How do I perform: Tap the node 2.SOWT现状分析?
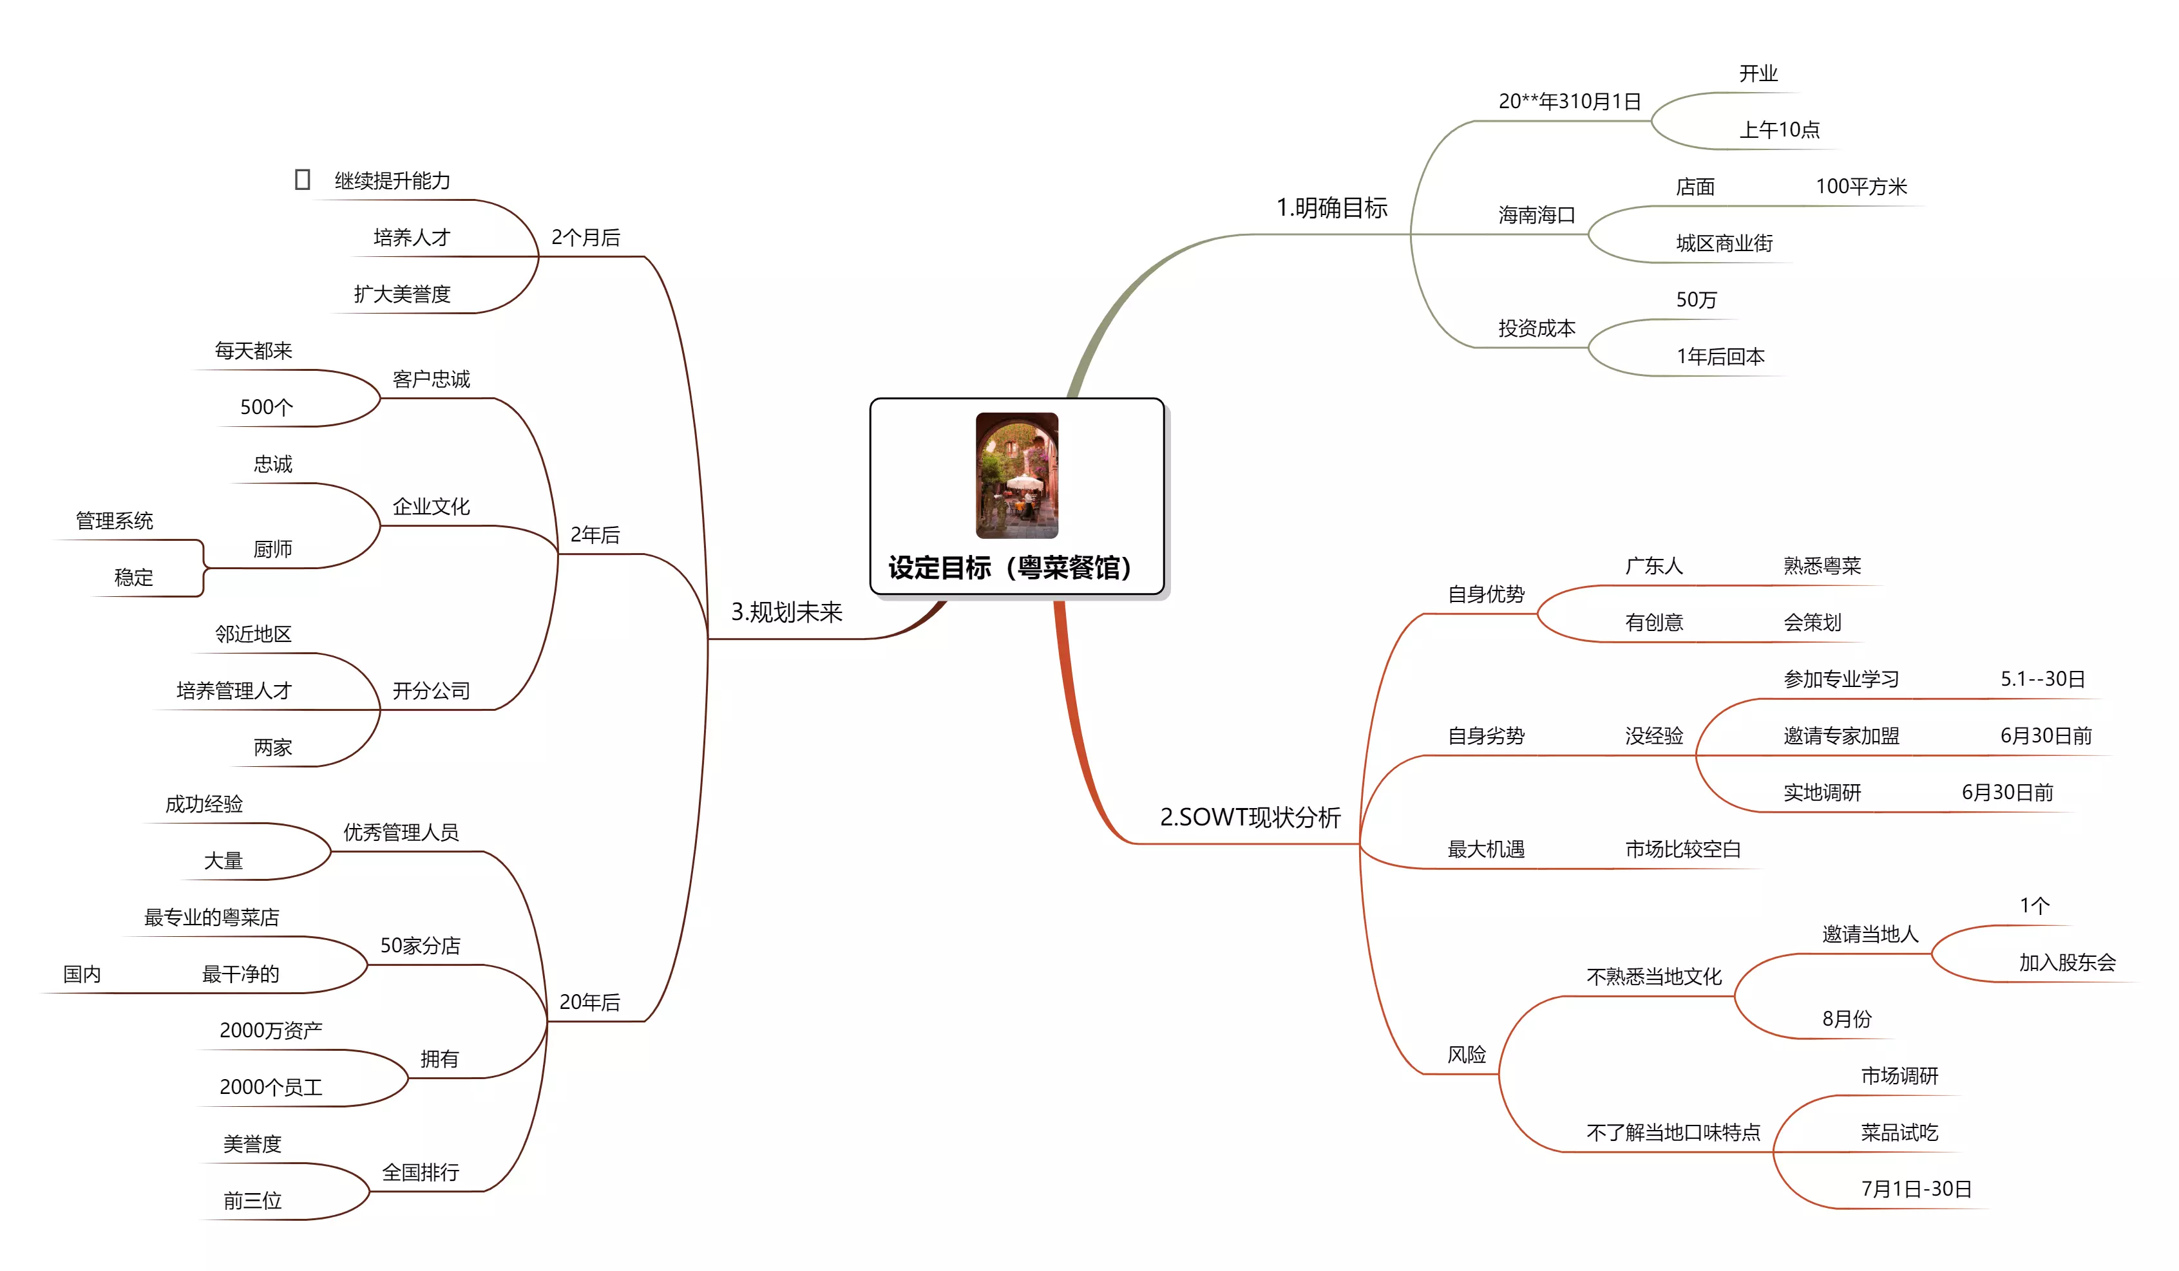click(1250, 817)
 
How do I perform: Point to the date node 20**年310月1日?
click(1570, 102)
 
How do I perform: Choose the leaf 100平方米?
click(1861, 187)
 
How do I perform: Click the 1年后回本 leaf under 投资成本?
click(1720, 356)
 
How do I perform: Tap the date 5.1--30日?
click(2042, 679)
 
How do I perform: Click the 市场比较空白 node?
click(1682, 849)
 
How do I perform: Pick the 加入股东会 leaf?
click(2066, 963)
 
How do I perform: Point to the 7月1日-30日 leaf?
click(1916, 1189)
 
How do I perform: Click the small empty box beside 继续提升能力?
click(302, 180)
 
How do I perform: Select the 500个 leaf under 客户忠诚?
click(266, 407)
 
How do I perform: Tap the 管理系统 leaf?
click(114, 520)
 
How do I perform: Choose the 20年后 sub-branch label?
click(590, 1002)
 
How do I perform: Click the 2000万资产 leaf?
click(271, 1030)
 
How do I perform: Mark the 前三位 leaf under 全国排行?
click(252, 1200)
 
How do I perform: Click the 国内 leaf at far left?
click(82, 974)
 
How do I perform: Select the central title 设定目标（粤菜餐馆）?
click(1010, 568)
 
